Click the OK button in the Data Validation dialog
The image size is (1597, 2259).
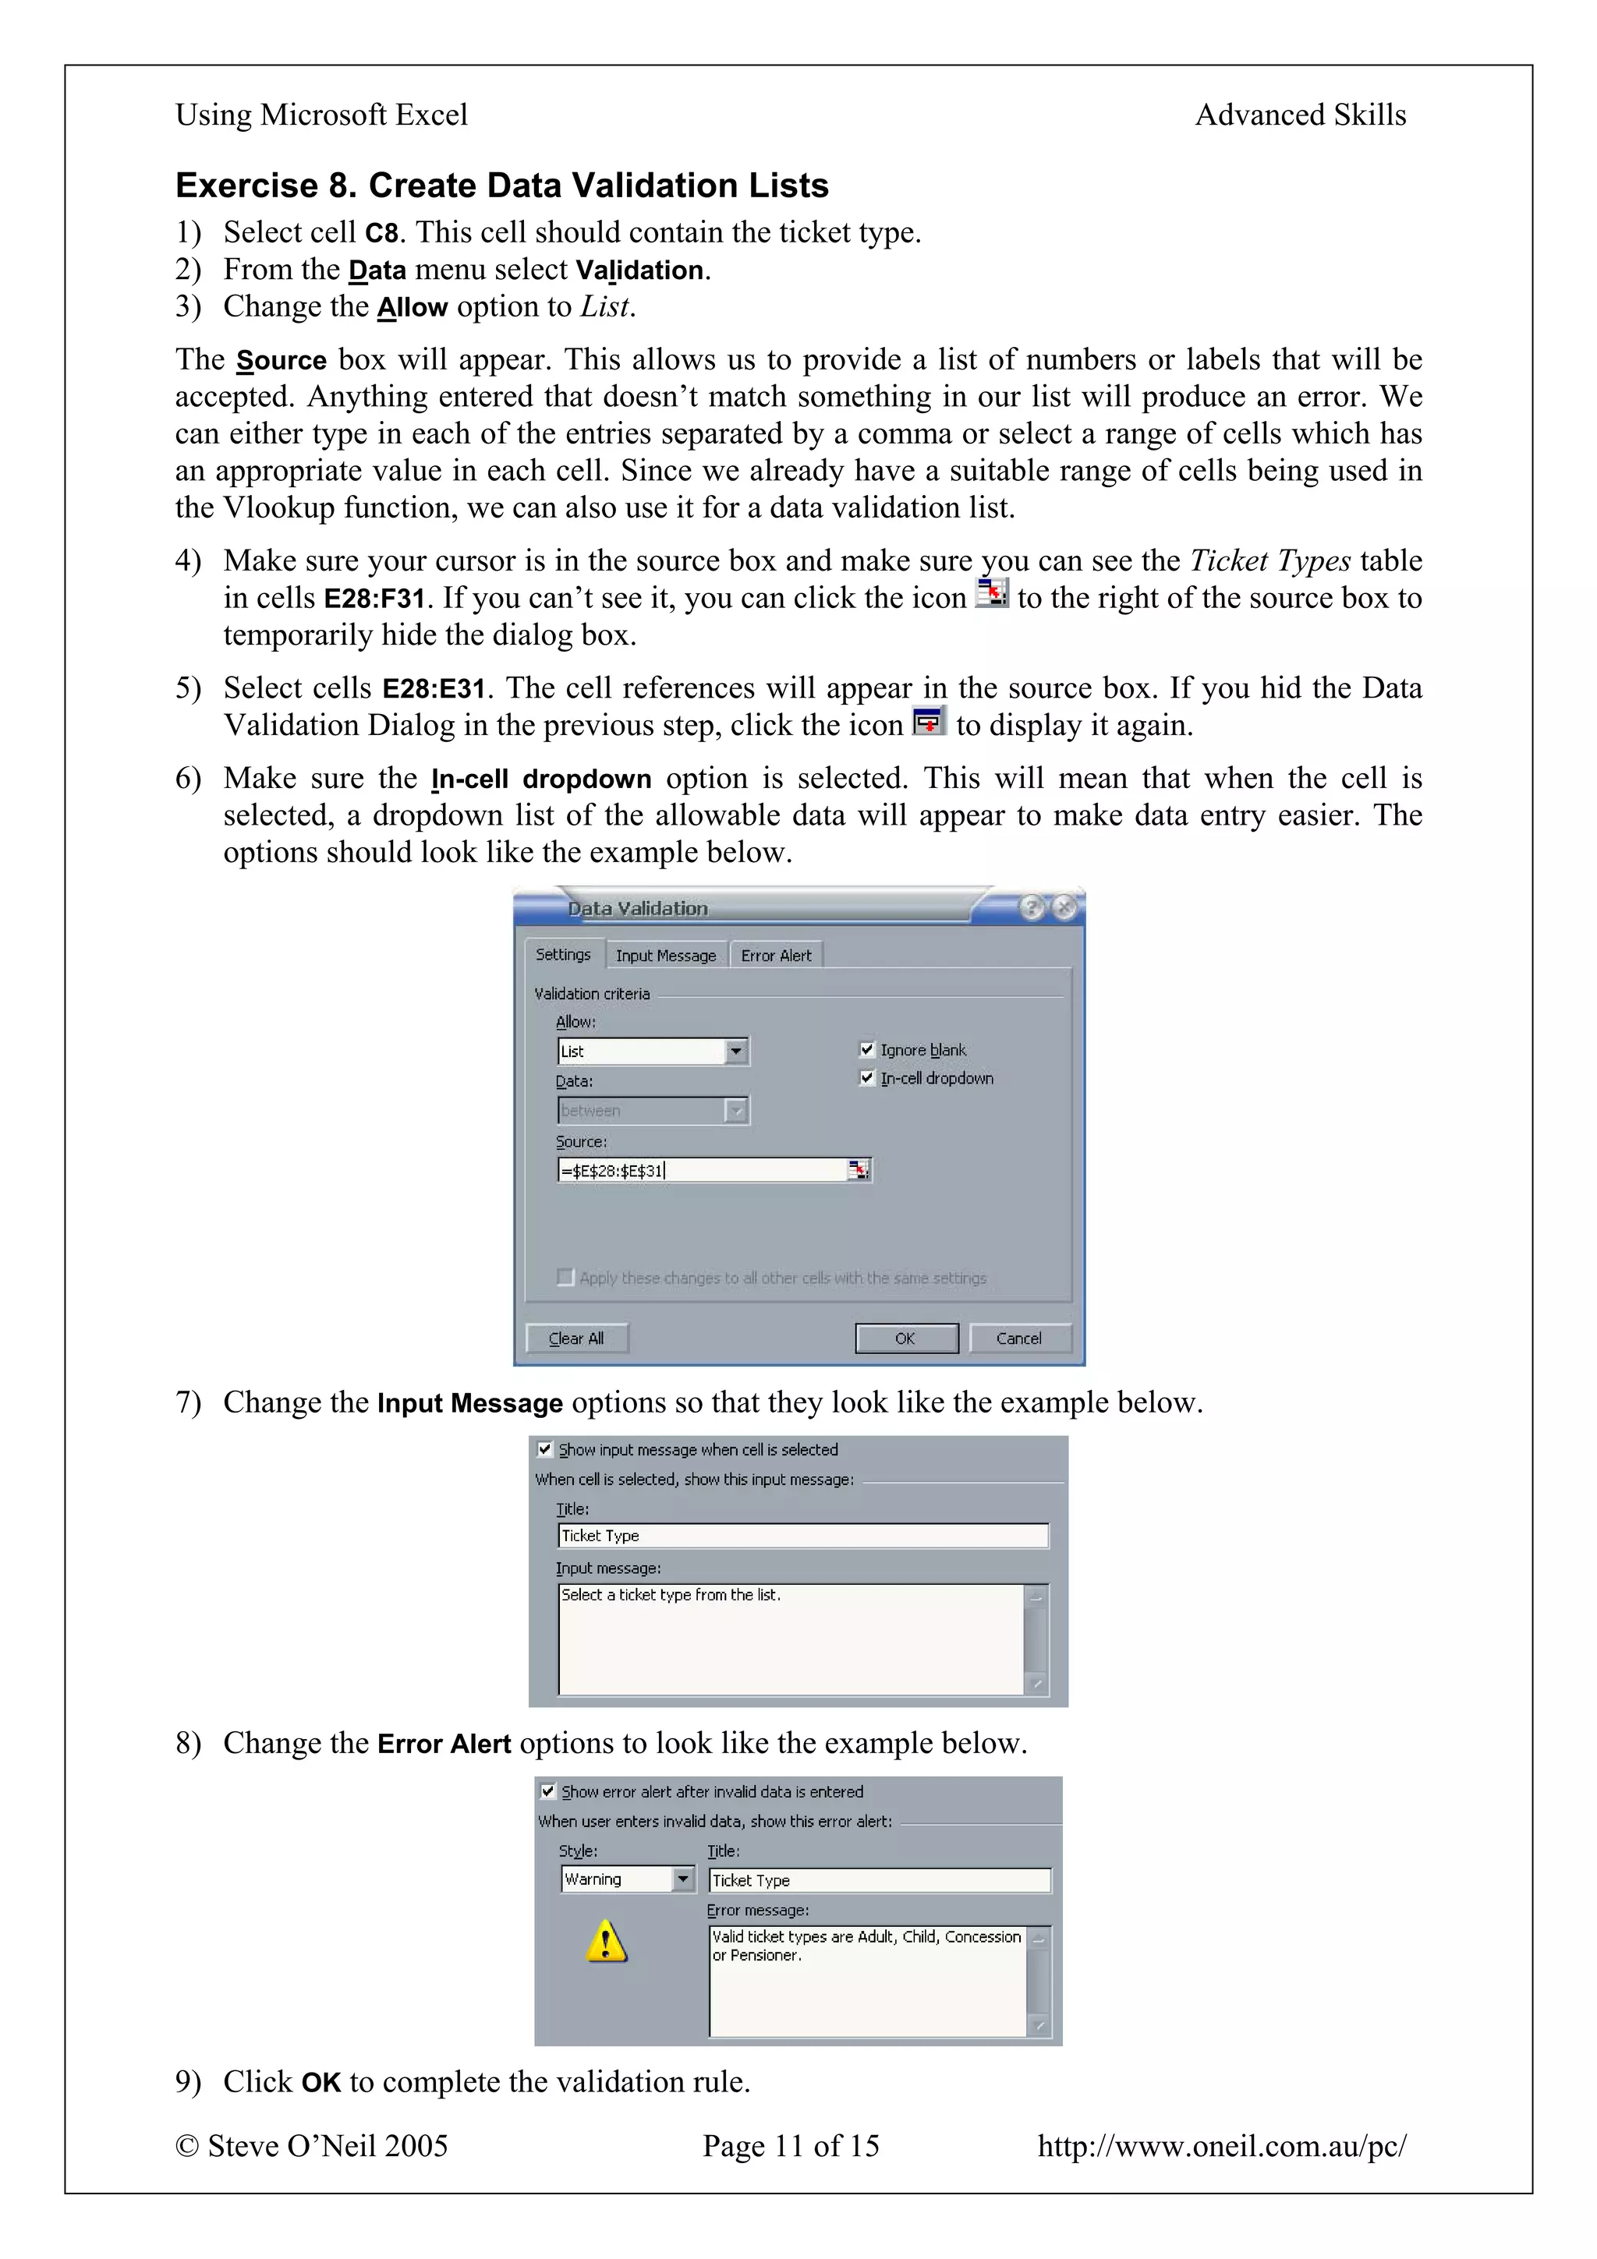click(905, 1338)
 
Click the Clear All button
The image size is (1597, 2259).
click(576, 1338)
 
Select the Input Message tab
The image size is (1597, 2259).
click(666, 956)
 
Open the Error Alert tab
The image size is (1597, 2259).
click(777, 956)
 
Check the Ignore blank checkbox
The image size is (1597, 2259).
click(867, 1050)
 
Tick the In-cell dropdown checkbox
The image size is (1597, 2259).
click(867, 1078)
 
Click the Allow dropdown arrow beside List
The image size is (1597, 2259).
click(736, 1052)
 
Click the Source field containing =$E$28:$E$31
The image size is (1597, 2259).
click(700, 1170)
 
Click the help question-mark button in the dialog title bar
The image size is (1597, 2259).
click(1030, 907)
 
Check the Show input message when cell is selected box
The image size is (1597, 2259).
click(544, 1449)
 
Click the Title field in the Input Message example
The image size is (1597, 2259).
click(802, 1536)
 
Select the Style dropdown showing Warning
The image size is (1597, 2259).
click(627, 1879)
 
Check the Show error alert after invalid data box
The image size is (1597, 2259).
click(548, 1791)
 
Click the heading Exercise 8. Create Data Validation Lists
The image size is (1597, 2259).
click(502, 185)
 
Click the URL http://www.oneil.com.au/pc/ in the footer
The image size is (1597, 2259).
click(1221, 2146)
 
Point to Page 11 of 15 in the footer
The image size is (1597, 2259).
click(790, 2146)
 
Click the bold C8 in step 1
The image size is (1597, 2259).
click(382, 233)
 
